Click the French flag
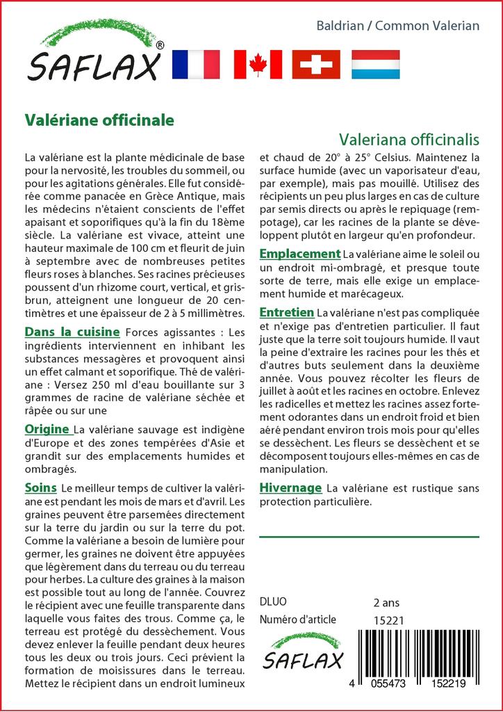(195, 64)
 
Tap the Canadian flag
(258, 64)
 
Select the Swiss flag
(316, 64)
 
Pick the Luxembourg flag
(375, 64)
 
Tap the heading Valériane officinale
(99, 119)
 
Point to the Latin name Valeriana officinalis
(409, 138)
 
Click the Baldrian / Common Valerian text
(398, 26)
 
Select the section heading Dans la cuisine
(72, 332)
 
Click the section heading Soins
(40, 487)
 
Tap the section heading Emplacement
(299, 254)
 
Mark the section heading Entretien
(286, 312)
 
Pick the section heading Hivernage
(290, 487)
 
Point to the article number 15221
(388, 620)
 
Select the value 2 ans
(386, 601)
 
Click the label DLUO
(272, 601)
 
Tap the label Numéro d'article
(297, 620)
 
